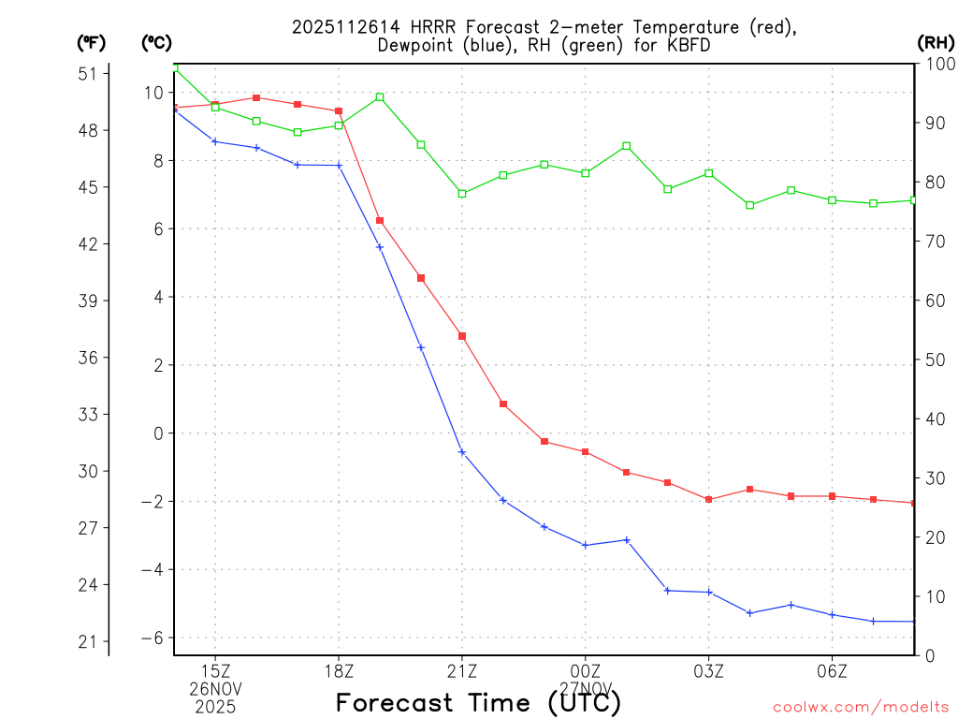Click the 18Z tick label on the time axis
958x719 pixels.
(339, 671)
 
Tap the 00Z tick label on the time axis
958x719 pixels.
(586, 671)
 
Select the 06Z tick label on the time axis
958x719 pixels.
(832, 671)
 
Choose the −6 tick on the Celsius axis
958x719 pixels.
(151, 638)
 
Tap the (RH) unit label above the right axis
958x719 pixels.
(935, 41)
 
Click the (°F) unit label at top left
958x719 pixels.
(92, 42)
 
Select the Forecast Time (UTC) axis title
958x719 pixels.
(478, 702)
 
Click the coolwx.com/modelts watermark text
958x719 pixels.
(861, 708)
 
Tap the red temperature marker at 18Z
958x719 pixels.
(339, 111)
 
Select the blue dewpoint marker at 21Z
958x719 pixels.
(462, 452)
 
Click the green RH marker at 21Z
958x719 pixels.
(462, 194)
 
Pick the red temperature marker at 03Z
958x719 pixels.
(709, 499)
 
